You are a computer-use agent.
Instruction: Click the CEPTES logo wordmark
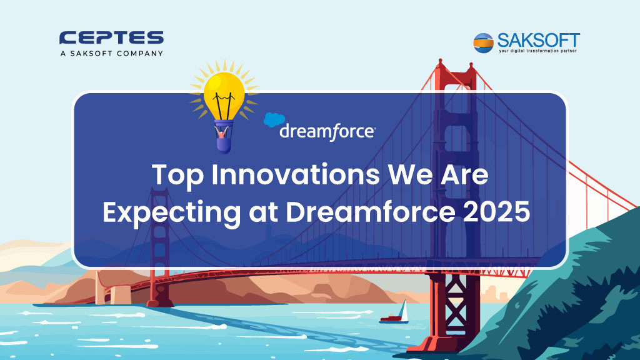pos(111,37)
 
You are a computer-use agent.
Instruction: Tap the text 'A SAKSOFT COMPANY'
pos(111,54)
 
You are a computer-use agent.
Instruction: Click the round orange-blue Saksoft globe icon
pos(483,43)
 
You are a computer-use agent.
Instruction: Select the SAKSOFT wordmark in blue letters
pos(538,41)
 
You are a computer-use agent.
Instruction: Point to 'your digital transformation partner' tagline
pos(537,51)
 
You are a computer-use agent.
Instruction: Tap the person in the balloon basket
pos(222,132)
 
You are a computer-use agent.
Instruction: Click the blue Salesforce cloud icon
pos(274,119)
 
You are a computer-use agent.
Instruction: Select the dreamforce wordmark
pos(327,132)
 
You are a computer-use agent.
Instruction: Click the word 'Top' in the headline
pos(177,175)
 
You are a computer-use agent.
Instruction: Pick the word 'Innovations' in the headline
pos(296,174)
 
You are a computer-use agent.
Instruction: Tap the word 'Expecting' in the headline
pos(172,212)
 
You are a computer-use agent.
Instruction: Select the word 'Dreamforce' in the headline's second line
pos(370,211)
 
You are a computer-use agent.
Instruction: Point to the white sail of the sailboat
pos(403,310)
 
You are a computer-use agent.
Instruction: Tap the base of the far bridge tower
pos(159,302)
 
